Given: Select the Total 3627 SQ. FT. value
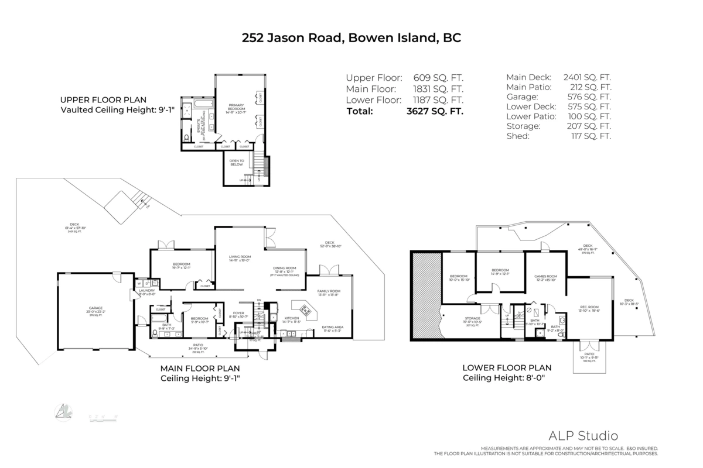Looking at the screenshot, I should click(434, 111).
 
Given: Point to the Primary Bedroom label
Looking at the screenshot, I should click(237, 107).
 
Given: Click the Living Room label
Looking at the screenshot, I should click(239, 256).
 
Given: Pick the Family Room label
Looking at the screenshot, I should click(329, 291).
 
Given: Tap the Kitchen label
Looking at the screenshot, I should click(292, 318).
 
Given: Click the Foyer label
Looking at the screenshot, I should click(238, 313).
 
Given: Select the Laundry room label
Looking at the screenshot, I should click(146, 291).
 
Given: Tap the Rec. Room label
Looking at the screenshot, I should click(589, 307).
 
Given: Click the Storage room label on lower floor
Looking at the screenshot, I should click(472, 318).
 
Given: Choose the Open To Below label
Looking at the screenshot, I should click(237, 163).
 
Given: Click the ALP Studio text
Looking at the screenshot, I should click(582, 435).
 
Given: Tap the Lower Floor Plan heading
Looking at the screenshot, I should click(507, 368).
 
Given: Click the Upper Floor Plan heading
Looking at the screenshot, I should click(104, 100).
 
